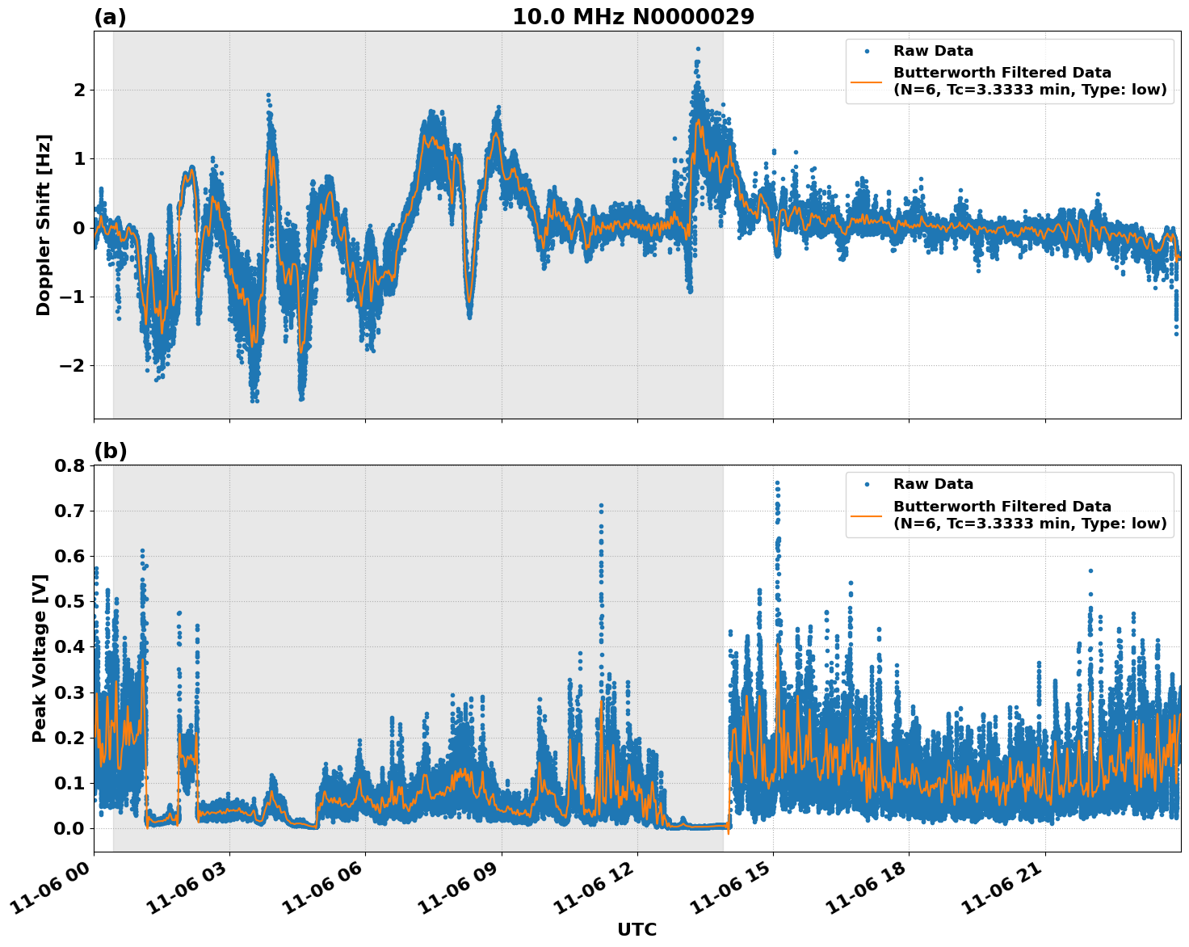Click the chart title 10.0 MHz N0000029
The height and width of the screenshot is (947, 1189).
pyautogui.click(x=633, y=17)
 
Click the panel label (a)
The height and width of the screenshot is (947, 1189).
pyautogui.click(x=110, y=17)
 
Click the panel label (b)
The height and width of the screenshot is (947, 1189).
pyautogui.click(x=110, y=451)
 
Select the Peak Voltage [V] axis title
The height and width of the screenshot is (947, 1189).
pyautogui.click(x=40, y=659)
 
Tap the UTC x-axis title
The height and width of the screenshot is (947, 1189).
pyautogui.click(x=637, y=929)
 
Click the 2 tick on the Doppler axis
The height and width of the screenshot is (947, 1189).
pyautogui.click(x=78, y=90)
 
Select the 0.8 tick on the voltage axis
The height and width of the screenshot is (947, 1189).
pyautogui.click(x=69, y=465)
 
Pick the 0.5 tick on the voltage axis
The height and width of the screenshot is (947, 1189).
pyautogui.click(x=69, y=601)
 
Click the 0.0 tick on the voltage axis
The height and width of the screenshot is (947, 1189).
pyautogui.click(x=69, y=828)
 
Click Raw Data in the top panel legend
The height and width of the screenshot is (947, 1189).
pyautogui.click(x=933, y=51)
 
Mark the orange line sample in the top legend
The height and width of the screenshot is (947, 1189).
pyautogui.click(x=867, y=82)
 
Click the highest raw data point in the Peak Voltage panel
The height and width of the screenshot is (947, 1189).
pyautogui.click(x=777, y=483)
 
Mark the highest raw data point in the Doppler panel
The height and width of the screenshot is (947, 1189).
pyautogui.click(x=698, y=48)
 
